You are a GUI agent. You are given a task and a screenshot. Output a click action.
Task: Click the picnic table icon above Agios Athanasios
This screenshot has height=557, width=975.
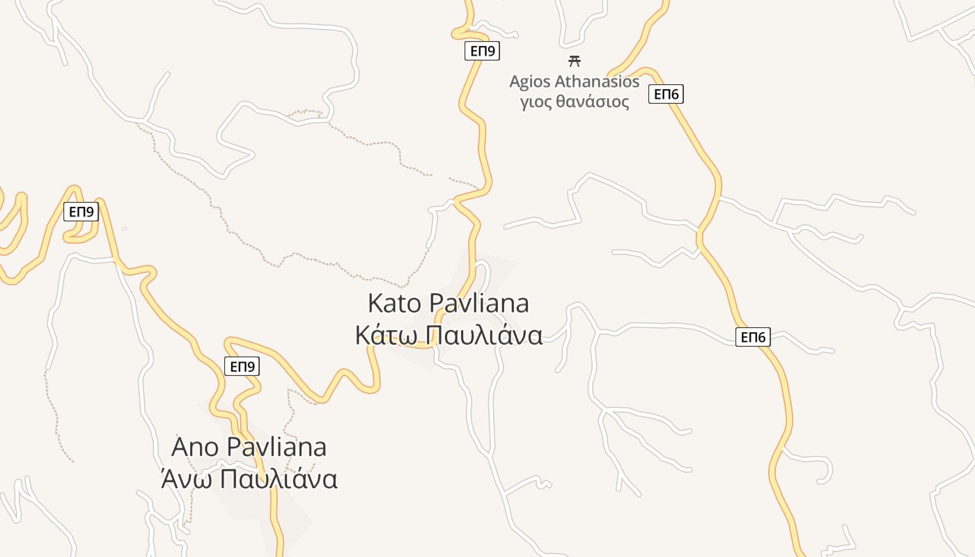pyautogui.click(x=575, y=61)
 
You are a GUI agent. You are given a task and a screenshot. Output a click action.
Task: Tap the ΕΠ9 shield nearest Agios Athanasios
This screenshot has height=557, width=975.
pyautogui.click(x=482, y=51)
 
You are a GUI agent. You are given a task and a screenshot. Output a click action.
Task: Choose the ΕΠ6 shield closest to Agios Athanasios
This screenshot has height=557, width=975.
pyautogui.click(x=666, y=94)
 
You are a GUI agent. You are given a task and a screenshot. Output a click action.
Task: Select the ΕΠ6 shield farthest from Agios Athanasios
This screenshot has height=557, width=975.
pyautogui.click(x=753, y=338)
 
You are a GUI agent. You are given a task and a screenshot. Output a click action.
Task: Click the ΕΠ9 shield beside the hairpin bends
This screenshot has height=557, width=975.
pyautogui.click(x=81, y=212)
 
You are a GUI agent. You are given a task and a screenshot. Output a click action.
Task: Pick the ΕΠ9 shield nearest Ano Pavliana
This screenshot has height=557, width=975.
pyautogui.click(x=242, y=366)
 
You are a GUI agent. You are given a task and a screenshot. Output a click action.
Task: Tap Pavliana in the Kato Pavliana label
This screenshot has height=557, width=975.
pyautogui.click(x=478, y=304)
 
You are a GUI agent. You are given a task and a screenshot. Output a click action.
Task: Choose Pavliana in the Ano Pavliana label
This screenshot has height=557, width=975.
pyautogui.click(x=276, y=447)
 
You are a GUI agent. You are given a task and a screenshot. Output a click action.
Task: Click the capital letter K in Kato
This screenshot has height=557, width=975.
pyautogui.click(x=375, y=304)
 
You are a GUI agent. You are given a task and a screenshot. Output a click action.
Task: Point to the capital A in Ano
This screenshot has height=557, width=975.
pyautogui.click(x=180, y=447)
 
